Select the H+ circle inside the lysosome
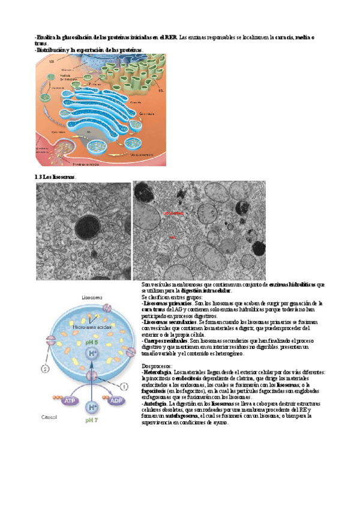click(x=94, y=354)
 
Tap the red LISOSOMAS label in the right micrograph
click(x=174, y=212)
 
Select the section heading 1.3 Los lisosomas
click(x=56, y=178)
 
